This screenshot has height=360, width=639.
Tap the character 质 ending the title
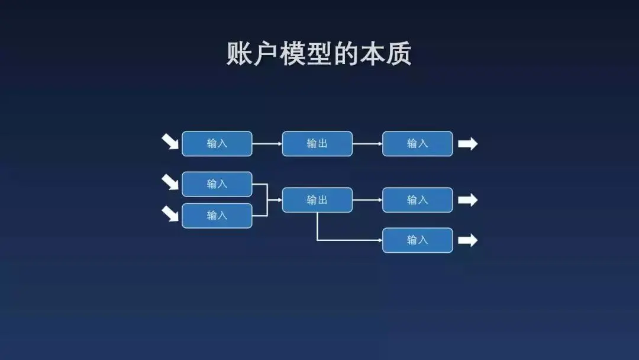[x=398, y=54]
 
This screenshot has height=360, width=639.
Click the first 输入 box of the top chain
[x=217, y=144]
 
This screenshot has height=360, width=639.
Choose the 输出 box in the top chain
[x=317, y=144]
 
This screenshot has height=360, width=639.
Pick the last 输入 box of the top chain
[x=417, y=144]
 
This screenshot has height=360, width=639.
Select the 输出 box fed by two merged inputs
[x=317, y=200]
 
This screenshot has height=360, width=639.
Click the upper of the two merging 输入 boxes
[x=217, y=184]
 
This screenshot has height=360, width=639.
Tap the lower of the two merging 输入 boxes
[x=217, y=216]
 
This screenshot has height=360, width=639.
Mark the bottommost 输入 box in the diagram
[x=417, y=240]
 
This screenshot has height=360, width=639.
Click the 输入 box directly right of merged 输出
[x=417, y=200]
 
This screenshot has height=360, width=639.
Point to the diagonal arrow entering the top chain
[x=170, y=142]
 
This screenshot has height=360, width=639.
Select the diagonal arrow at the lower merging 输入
[x=170, y=213]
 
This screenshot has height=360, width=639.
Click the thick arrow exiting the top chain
[x=467, y=144]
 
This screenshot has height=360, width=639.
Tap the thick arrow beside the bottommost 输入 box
[x=467, y=240]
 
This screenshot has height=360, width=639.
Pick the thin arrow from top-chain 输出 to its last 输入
[x=367, y=144]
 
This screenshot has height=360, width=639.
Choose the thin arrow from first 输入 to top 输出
[x=267, y=144]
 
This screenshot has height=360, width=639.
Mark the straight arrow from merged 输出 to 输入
[x=367, y=200]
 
